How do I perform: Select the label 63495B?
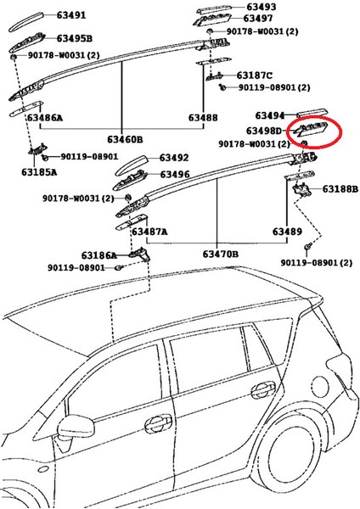(x=76, y=38)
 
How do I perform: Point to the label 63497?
(x=258, y=19)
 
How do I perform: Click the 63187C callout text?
(x=255, y=76)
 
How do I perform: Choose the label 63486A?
(x=44, y=118)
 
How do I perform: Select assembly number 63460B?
(x=124, y=138)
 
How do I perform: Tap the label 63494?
(x=271, y=115)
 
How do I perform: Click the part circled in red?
(x=311, y=131)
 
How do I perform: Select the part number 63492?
(x=173, y=158)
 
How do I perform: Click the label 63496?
(x=173, y=175)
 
